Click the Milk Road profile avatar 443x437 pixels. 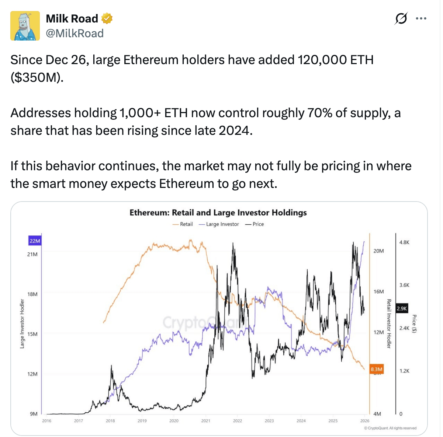[25, 26]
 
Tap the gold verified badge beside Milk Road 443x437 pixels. [107, 18]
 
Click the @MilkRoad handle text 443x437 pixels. [75, 34]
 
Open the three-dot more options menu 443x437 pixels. [421, 18]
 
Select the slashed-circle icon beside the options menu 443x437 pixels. [401, 18]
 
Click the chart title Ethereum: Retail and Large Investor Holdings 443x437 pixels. [218, 213]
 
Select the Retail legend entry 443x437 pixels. [183, 224]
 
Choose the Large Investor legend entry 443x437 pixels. [219, 224]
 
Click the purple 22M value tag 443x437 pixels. [35, 241]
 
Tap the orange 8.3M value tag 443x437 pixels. [377, 369]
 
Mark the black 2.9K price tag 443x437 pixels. [402, 308]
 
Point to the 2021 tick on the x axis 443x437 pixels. [205, 421]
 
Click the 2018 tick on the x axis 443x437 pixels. [110, 421]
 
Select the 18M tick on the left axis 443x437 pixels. [32, 294]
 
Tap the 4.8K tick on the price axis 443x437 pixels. [404, 242]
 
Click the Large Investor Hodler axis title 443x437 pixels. [22, 324]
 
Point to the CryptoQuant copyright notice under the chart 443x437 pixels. [390, 428]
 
